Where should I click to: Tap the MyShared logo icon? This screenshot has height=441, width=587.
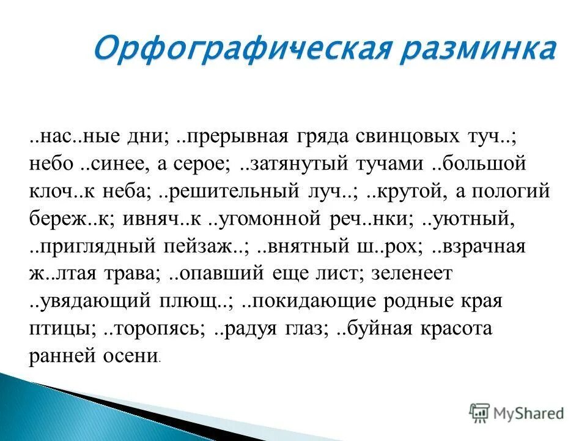tap(479, 412)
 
